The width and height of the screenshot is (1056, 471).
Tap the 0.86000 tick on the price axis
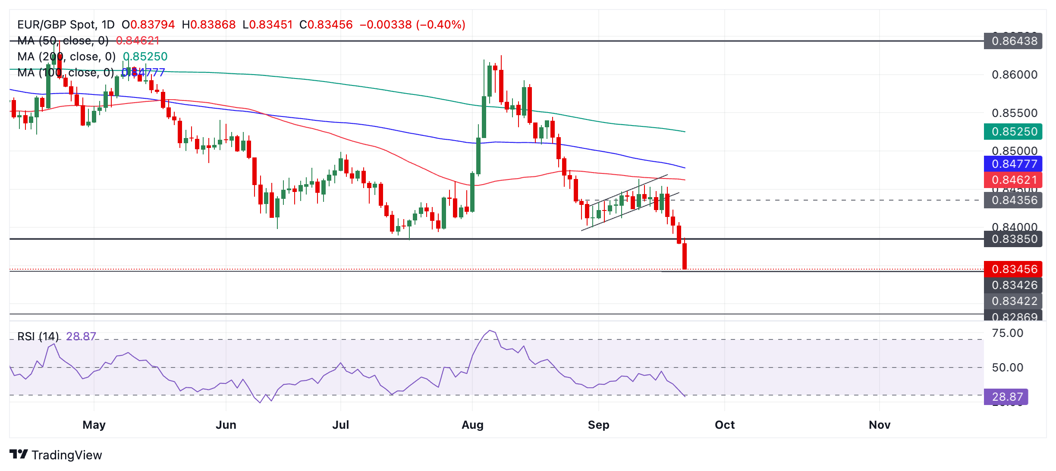[1014, 75]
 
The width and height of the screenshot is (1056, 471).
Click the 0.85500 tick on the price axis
[1014, 113]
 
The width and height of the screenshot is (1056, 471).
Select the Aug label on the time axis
[472, 425]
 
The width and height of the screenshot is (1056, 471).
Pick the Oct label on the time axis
[725, 425]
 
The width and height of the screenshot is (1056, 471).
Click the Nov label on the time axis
[880, 425]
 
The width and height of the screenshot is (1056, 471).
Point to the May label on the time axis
[94, 425]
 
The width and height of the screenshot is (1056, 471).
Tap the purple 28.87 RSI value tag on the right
[1006, 397]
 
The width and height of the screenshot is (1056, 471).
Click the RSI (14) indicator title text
[38, 336]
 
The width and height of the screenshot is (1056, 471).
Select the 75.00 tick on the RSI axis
[1007, 333]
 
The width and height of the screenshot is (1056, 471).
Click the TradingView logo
[56, 455]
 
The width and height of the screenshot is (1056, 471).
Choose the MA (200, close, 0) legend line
[66, 57]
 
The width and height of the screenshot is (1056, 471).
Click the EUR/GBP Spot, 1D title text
[66, 25]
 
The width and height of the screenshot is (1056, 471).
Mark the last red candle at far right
[685, 256]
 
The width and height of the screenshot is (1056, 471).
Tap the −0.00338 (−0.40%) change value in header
[412, 25]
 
